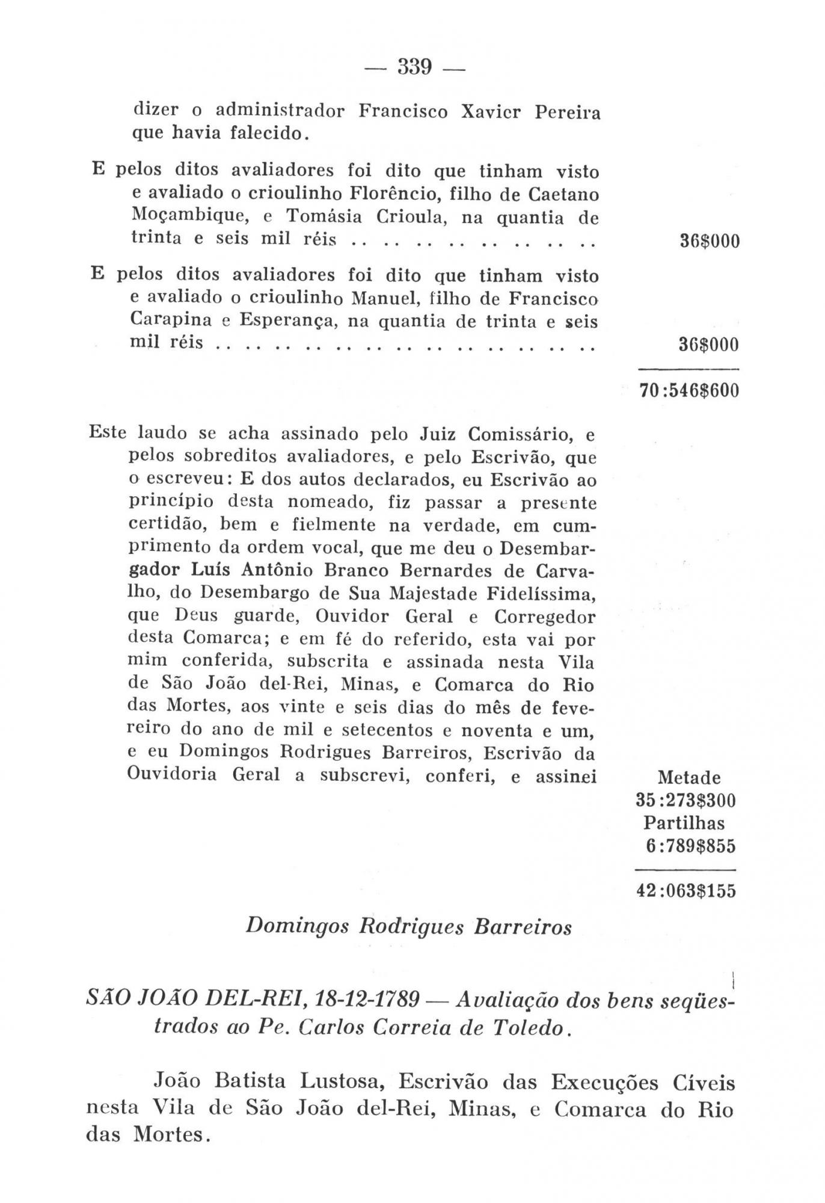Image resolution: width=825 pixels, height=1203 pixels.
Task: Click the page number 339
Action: click(x=415, y=67)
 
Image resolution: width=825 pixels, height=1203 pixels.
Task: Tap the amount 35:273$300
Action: click(x=685, y=801)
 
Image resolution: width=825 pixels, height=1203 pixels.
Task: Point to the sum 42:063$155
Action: click(x=685, y=891)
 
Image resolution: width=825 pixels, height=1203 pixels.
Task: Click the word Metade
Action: click(x=689, y=778)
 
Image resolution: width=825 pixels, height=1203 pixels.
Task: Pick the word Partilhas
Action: click(x=684, y=823)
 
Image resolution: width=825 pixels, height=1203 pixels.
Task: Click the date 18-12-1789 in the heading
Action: click(x=367, y=1000)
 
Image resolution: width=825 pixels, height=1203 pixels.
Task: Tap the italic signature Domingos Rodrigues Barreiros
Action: click(x=409, y=927)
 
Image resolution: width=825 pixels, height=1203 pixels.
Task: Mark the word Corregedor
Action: click(x=545, y=617)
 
